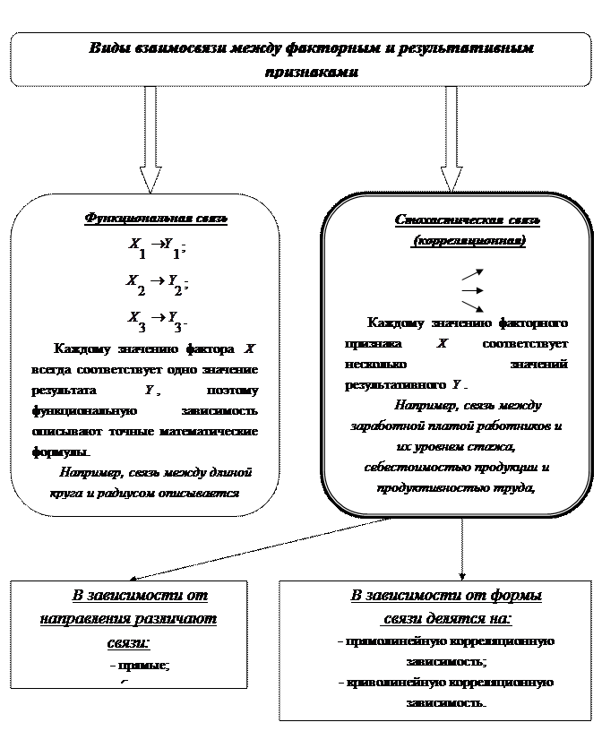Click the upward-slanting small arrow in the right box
(473, 273)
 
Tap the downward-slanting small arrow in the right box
(473, 306)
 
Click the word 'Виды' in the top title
(106, 48)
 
